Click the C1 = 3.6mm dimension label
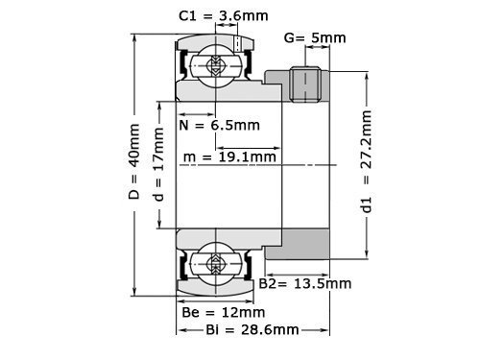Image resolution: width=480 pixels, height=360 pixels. [224, 15]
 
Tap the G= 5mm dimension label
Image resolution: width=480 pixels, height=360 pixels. [315, 37]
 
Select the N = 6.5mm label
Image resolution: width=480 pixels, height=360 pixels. [219, 125]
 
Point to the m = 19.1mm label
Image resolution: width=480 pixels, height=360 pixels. [229, 156]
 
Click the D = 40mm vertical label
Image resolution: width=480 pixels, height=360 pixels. [134, 161]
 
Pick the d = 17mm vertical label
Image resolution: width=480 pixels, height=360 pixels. [158, 164]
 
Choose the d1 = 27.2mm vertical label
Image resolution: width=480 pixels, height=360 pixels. [366, 161]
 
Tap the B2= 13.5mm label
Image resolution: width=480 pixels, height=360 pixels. [305, 283]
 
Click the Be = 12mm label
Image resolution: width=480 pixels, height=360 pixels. [224, 312]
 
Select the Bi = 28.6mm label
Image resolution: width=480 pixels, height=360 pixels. [252, 329]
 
